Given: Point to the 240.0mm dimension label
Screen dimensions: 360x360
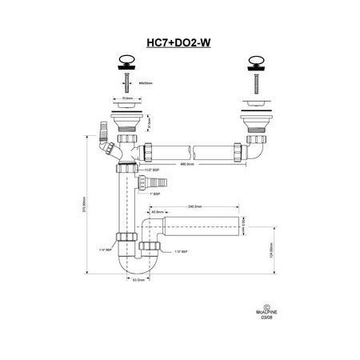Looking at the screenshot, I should pos(194,206).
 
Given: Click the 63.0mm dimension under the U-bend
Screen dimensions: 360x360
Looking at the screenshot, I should pos(138,280).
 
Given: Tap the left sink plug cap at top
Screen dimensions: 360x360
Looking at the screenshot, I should pos(126,60).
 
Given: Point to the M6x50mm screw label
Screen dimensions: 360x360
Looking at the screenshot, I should pos(145,81).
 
